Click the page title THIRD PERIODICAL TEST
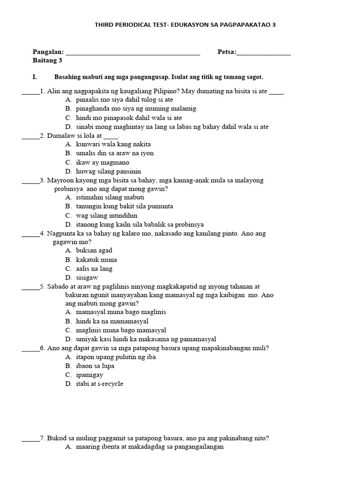(185, 25)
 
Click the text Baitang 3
(47, 60)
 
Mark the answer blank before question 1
(30, 92)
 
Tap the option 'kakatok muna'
(96, 259)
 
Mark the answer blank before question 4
(30, 234)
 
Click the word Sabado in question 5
(58, 286)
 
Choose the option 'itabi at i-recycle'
(99, 383)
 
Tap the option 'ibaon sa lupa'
(95, 366)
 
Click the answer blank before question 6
(30, 349)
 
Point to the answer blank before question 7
(30, 439)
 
